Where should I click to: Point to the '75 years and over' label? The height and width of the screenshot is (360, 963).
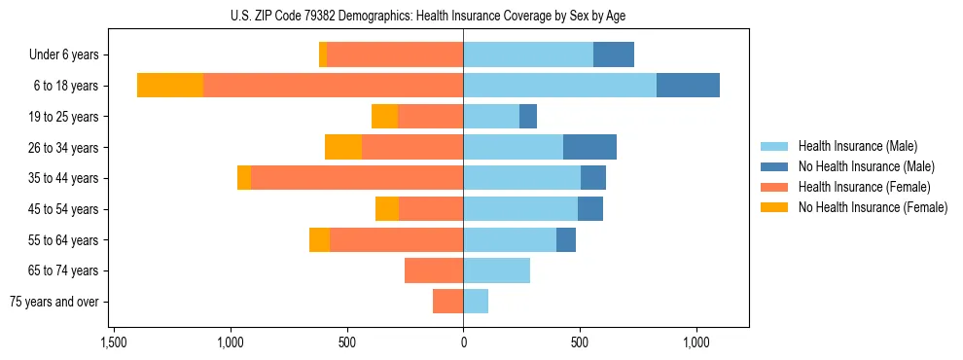tap(53, 302)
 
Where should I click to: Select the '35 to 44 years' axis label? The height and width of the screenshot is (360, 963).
tap(63, 178)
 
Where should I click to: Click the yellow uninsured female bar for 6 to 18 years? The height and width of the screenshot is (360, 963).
tap(169, 86)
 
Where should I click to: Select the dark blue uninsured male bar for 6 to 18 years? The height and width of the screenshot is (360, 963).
tap(688, 86)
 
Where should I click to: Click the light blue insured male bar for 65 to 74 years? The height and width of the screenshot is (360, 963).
tap(496, 270)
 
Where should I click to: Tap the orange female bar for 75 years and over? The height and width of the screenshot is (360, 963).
tap(447, 302)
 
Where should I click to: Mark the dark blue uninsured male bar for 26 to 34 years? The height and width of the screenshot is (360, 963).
tap(589, 147)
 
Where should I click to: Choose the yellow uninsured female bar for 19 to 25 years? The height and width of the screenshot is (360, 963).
tap(384, 117)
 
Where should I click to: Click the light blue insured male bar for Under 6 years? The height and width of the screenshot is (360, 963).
tap(528, 54)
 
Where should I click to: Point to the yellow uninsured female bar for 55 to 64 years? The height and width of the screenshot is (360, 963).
tap(319, 239)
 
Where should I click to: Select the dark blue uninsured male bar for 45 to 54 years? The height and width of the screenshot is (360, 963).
tap(590, 209)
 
